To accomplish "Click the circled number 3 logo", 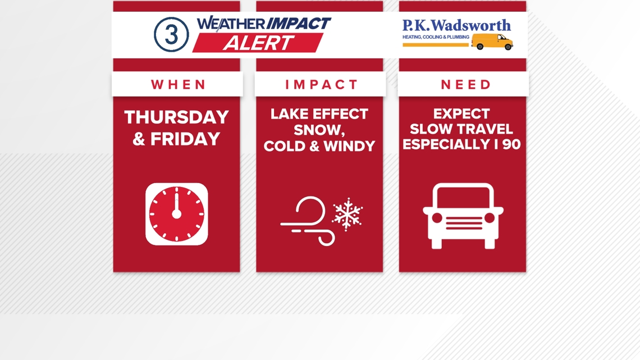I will point(171,34).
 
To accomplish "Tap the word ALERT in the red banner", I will point(258,43).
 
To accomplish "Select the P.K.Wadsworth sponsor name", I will point(456,25).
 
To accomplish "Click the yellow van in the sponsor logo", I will point(492,42).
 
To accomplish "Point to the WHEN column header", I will point(179,85).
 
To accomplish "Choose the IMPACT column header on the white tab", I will point(321,85).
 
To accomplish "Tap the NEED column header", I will point(466,85).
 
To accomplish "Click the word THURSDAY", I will point(176,117).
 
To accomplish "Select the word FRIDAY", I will point(185,139).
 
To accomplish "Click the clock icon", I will point(176,214).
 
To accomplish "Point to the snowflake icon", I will point(348,214).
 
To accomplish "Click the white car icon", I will point(463,216).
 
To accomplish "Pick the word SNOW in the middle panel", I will point(318,130).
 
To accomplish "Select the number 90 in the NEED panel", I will point(511,144).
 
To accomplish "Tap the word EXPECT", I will point(462,114).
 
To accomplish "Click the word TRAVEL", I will point(486,129).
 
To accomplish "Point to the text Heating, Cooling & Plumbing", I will point(436,37).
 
